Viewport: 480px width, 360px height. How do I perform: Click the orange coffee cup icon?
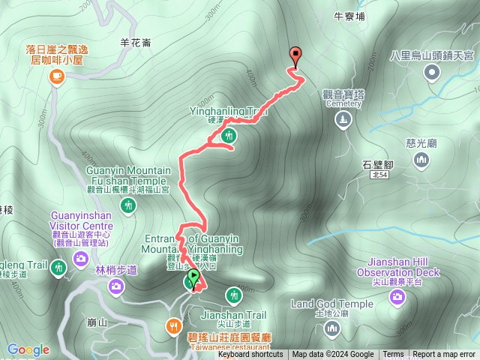point(56,76)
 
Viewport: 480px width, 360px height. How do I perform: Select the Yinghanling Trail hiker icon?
point(229,136)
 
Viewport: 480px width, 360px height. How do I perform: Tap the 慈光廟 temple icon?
point(421,159)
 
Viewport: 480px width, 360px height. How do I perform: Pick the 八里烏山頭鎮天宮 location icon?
point(432,72)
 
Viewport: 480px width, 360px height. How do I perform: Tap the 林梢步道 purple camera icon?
point(116,286)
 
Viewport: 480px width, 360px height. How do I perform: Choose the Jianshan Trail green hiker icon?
point(232,293)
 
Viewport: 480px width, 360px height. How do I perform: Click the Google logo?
point(28,349)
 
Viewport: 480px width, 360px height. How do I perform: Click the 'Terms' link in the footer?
point(393,355)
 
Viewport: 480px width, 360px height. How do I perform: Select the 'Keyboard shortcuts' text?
point(250,355)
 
